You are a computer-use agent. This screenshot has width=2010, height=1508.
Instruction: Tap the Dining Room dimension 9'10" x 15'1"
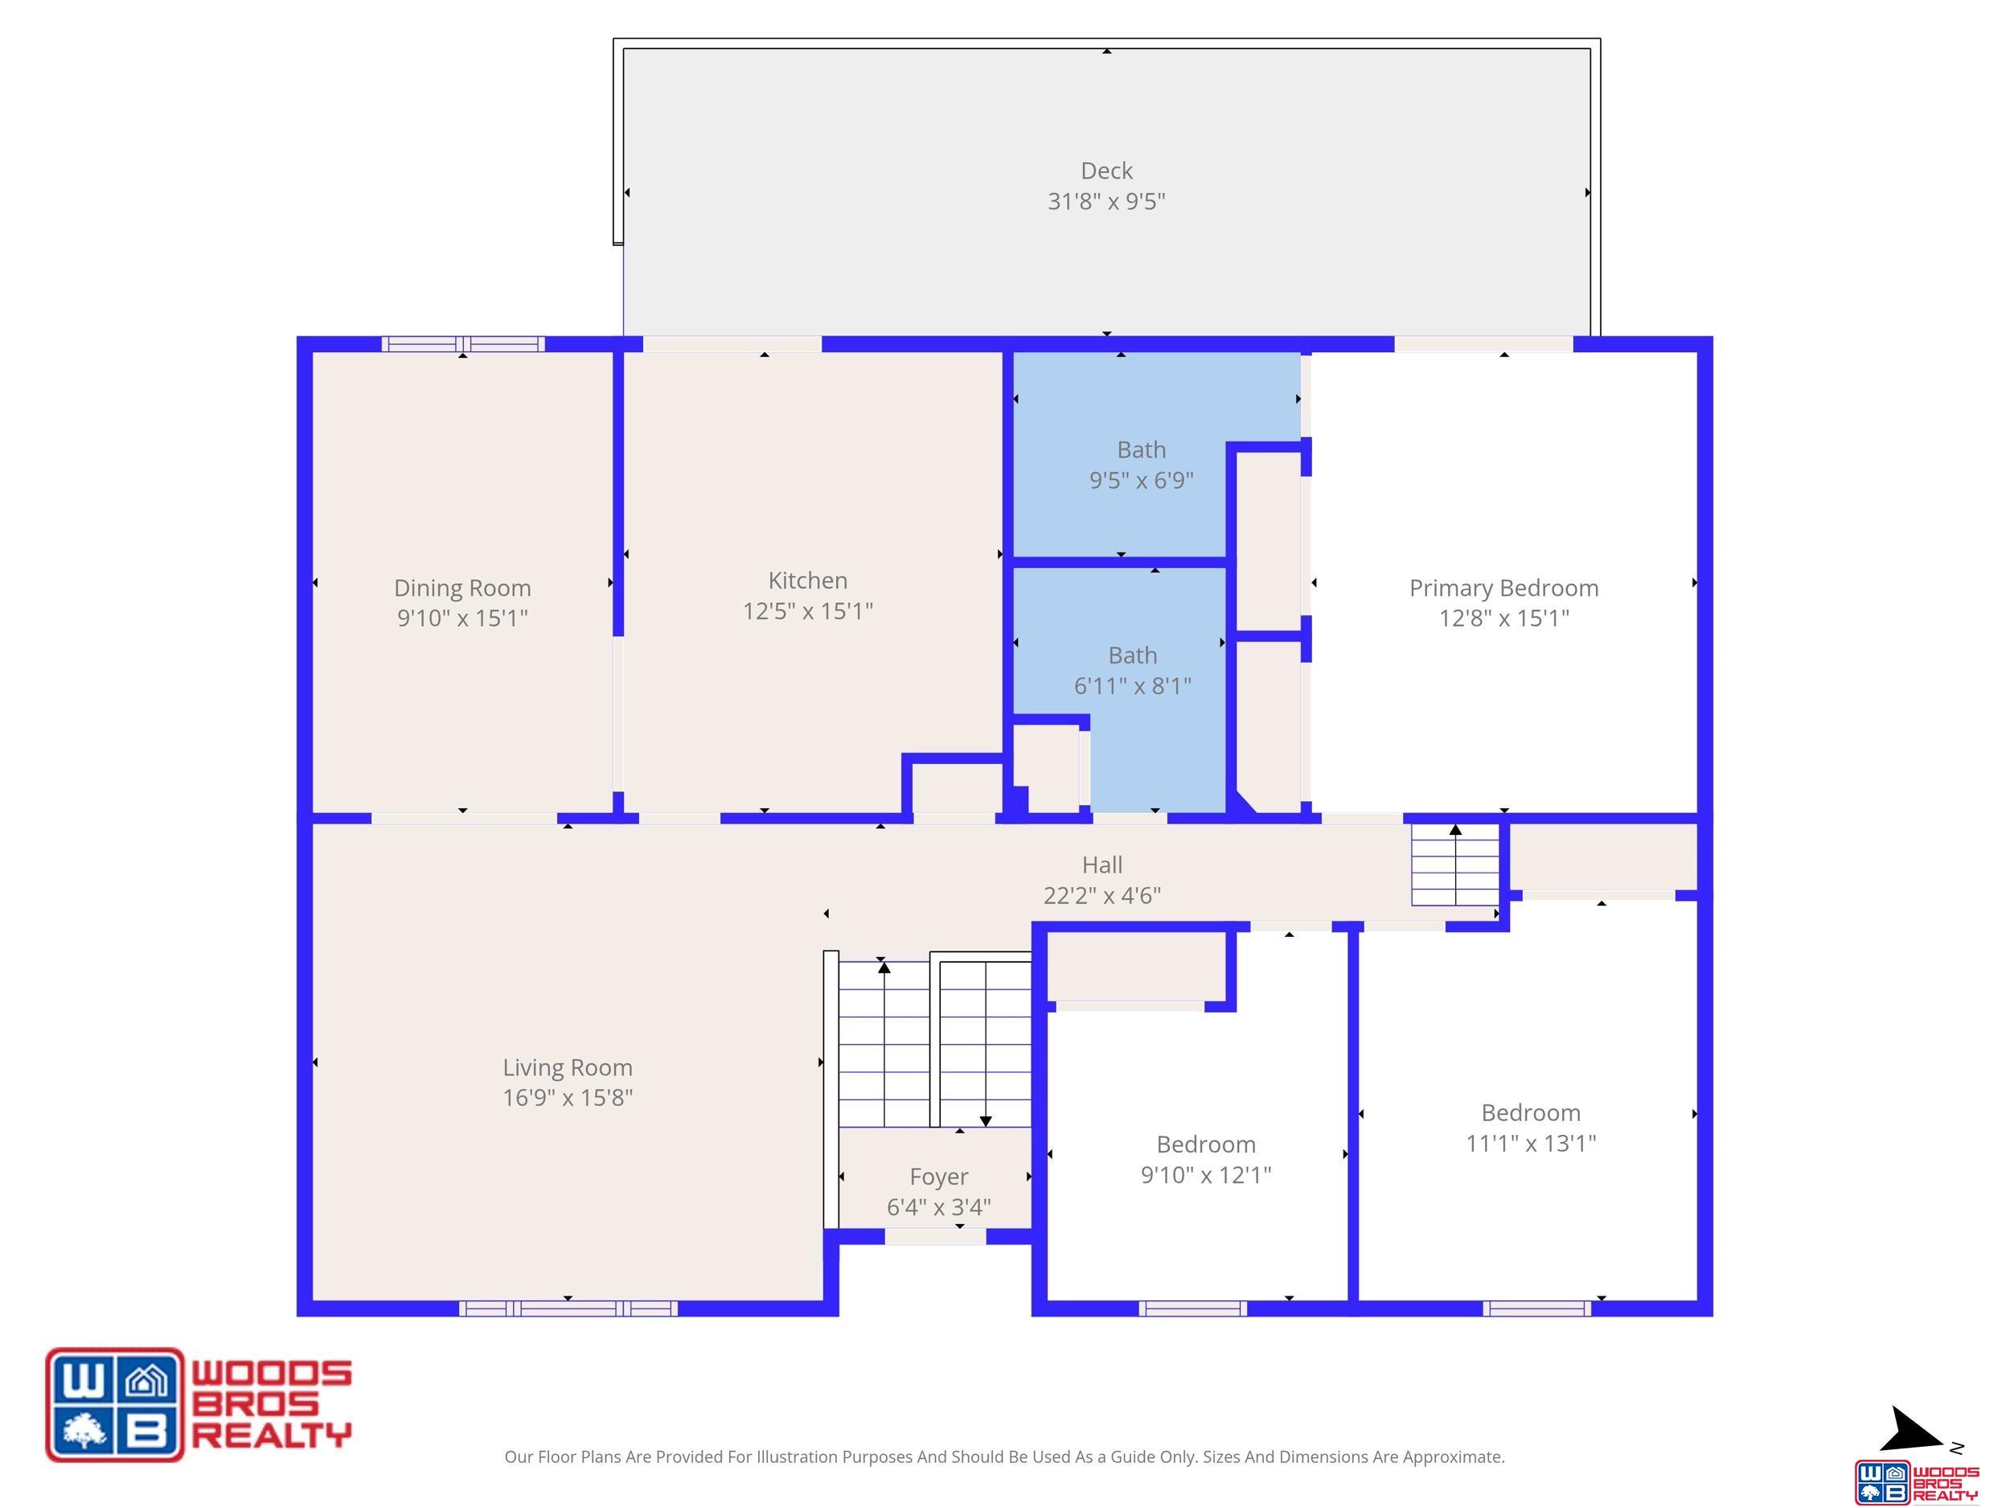462,618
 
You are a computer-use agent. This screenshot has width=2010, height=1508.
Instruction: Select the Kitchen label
808,581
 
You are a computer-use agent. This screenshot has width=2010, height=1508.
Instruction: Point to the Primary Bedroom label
1503,589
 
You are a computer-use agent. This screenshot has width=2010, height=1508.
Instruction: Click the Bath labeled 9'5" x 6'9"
1142,450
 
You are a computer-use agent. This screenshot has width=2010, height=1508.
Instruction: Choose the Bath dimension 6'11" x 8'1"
1132,686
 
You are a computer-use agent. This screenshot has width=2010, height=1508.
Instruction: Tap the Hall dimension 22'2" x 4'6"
1102,896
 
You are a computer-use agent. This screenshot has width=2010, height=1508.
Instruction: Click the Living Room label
568,1068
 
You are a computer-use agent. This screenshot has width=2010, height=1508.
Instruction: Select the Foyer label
938,1178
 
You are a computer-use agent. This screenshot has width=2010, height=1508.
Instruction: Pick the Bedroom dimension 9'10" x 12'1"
1206,1175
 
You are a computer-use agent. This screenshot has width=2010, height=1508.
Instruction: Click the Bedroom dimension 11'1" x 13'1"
1531,1144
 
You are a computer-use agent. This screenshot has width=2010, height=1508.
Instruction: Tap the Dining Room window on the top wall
462,343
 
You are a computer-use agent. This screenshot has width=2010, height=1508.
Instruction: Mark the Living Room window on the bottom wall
568,1308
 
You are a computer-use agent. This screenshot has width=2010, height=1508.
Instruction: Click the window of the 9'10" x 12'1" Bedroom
1193,1308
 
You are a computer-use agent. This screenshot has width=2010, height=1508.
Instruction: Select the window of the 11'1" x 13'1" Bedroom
1537,1308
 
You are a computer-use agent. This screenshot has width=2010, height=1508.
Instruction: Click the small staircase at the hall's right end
1454,864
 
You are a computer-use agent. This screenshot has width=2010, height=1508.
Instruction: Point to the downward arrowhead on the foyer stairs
986,1121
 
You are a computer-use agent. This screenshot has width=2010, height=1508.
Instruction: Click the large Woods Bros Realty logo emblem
114,1404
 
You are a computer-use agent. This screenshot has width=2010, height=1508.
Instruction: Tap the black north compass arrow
1914,1430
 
